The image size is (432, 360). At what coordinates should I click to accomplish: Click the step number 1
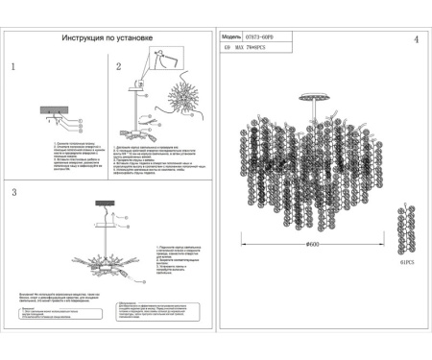(x=13, y=68)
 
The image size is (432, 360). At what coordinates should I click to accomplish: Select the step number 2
(x=118, y=68)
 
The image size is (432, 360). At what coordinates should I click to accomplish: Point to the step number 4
(x=416, y=40)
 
